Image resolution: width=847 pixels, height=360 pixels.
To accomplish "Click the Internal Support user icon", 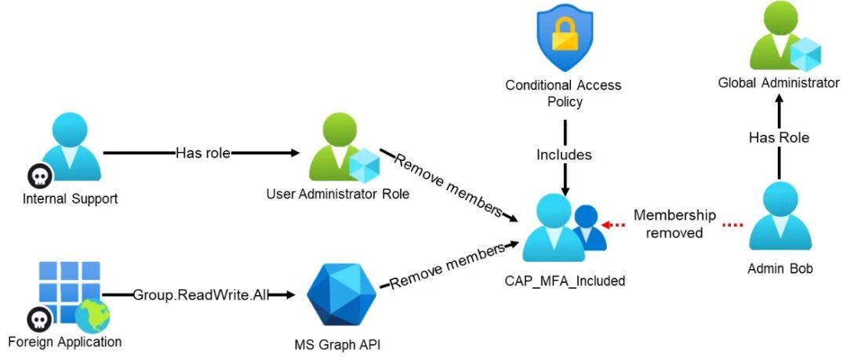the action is click(71, 146).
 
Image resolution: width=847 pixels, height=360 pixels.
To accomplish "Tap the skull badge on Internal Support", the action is click(40, 176).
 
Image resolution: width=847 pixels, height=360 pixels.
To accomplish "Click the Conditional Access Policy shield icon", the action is click(565, 36).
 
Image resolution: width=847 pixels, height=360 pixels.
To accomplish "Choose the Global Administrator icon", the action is click(784, 36).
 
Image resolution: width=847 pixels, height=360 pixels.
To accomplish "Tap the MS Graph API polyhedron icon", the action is click(334, 295).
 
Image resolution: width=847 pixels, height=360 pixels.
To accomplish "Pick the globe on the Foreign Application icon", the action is click(93, 316).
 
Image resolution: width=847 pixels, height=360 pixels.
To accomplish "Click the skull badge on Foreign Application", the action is click(40, 319).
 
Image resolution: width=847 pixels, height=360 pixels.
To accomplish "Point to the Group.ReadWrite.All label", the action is click(201, 295).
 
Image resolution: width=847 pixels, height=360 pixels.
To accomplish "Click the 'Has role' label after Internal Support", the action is click(202, 153).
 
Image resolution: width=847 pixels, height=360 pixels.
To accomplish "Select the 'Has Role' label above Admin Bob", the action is click(779, 138).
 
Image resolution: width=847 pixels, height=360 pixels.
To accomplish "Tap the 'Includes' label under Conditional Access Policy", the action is click(564, 155).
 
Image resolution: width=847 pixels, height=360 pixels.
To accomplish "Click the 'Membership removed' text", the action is click(675, 224).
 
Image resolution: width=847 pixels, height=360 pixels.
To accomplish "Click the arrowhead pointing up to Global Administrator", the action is click(779, 100).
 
